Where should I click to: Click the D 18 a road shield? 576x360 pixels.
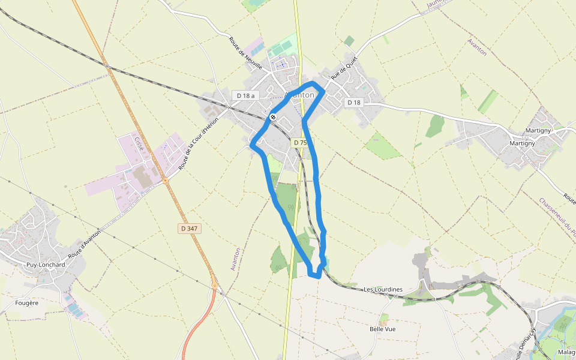245,95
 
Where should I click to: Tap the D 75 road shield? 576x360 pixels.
300,143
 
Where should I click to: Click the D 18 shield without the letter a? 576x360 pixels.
354,103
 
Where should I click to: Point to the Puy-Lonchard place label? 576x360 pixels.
46,265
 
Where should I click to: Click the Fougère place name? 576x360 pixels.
27,303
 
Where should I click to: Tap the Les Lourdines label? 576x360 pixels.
383,290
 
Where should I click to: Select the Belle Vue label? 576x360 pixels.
382,329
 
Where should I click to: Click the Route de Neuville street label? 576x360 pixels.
245,53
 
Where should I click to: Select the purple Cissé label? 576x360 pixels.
140,143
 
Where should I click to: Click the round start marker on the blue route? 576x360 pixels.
273,117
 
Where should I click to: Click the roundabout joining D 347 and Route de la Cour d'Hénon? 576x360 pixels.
165,179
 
